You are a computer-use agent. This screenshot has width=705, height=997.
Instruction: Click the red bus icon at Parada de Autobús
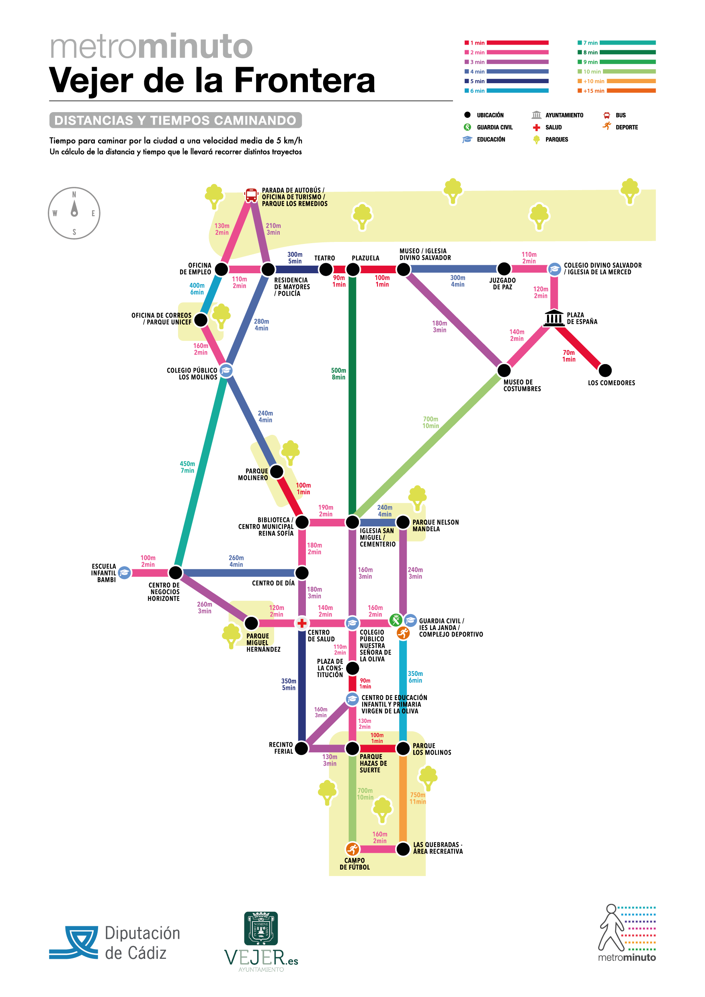click(251, 195)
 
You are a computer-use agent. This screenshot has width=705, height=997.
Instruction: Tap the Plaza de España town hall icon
click(554, 317)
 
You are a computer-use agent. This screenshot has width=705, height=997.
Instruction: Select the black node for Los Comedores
click(605, 371)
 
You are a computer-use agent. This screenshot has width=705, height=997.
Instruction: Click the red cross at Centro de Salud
click(301, 623)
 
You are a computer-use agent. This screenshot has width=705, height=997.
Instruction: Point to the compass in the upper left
click(74, 213)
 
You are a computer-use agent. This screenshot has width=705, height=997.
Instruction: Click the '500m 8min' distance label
click(338, 374)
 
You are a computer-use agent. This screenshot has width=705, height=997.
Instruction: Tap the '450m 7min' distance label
click(187, 467)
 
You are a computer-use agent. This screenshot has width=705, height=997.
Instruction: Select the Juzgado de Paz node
click(504, 269)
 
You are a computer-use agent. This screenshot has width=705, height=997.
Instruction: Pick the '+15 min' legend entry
click(617, 91)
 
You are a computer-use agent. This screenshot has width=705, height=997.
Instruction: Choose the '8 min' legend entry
click(617, 53)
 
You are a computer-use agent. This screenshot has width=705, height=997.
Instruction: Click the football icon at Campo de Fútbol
click(352, 849)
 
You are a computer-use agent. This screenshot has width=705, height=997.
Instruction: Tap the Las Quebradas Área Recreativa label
click(438, 848)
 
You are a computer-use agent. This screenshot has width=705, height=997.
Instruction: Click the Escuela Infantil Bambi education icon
click(124, 573)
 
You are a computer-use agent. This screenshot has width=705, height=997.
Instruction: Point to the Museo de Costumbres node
click(504, 371)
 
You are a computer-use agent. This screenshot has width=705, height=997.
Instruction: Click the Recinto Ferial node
click(301, 748)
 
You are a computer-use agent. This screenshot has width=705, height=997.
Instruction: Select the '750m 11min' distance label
click(418, 798)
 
